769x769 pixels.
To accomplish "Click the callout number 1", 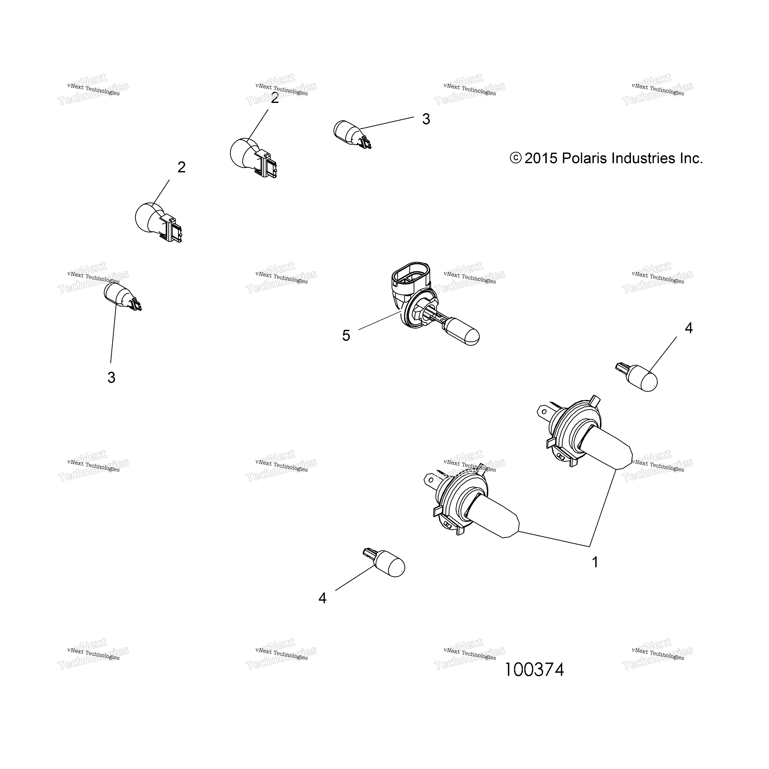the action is [595, 562].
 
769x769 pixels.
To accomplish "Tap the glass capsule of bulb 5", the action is [462, 332].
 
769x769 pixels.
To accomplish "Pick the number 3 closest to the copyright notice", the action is [426, 119].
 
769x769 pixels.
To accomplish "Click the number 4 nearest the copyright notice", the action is [689, 328].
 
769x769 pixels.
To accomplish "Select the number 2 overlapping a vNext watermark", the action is [275, 98].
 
